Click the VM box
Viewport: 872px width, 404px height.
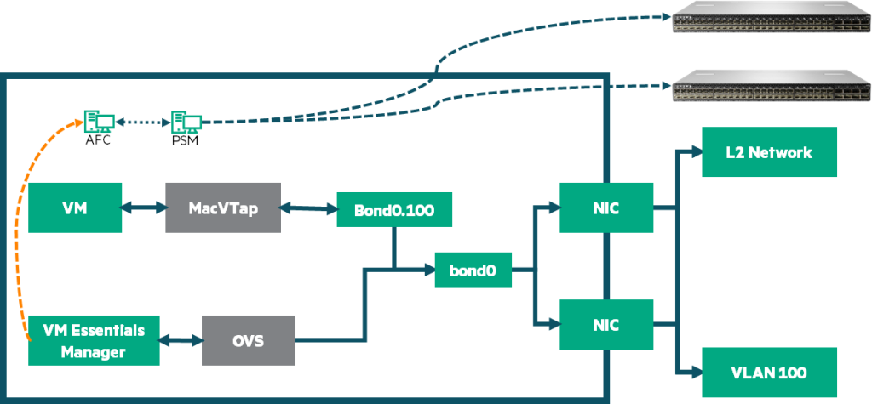pyautogui.click(x=74, y=207)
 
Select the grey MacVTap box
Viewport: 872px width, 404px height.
pyautogui.click(x=222, y=207)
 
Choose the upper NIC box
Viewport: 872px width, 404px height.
pyautogui.click(x=607, y=207)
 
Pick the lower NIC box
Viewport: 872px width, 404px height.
pyautogui.click(x=607, y=324)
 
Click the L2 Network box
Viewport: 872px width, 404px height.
pyautogui.click(x=769, y=153)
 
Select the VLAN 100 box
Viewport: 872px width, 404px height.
pyautogui.click(x=769, y=372)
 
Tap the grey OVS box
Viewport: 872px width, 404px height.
pyautogui.click(x=249, y=340)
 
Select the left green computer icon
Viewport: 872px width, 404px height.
pyautogui.click(x=99, y=122)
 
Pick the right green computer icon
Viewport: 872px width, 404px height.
pyautogui.click(x=186, y=122)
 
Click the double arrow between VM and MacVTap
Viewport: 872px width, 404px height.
pyautogui.click(x=142, y=207)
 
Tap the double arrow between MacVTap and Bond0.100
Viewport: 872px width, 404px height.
pyautogui.click(x=308, y=207)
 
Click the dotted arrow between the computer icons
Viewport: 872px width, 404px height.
pyautogui.click(x=142, y=122)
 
